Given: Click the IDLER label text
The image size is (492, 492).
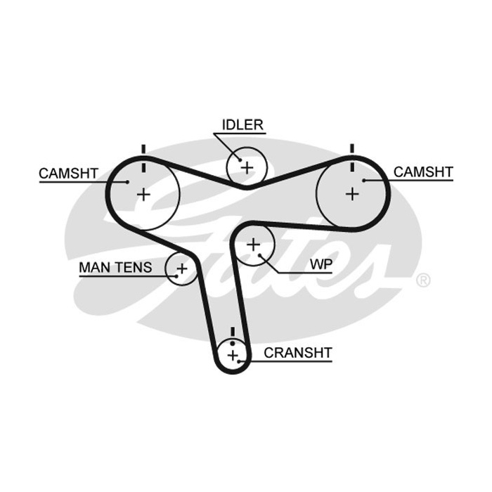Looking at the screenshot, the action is point(242,125).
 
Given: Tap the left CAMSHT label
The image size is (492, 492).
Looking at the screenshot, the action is point(69,173).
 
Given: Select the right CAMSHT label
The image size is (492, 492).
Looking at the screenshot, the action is point(423,172).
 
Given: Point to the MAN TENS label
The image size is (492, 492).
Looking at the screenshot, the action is point(115,267).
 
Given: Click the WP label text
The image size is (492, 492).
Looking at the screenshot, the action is point(321,264).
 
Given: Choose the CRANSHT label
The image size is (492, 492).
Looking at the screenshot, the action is point(298,353).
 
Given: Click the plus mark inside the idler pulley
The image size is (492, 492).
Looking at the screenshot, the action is point(247,167).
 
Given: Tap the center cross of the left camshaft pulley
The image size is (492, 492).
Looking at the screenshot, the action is point(143,195).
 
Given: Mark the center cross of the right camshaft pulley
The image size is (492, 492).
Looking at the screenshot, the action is point(352,194).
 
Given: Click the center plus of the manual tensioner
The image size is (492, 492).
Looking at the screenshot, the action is point(181,268).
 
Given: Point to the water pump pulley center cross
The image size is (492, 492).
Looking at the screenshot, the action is point(254,245).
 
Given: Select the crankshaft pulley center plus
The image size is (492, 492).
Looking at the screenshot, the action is point(233,356).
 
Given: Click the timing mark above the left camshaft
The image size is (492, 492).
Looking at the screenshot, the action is point(143,158).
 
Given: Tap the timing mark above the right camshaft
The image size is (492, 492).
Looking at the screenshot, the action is point(352,157).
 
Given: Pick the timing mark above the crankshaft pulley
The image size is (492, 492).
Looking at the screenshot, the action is point(233,332).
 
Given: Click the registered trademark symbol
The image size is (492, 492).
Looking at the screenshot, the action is point(423,280).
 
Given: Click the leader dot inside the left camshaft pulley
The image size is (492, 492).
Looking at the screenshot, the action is point(127,181).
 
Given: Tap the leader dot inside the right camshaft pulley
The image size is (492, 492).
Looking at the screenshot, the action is point(364,181).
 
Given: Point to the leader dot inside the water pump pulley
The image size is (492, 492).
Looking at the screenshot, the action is point(260,256).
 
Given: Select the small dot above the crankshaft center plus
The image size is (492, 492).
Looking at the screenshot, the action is point(233,344).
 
